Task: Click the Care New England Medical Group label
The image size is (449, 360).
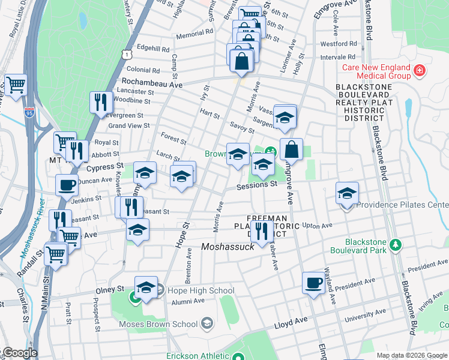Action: click(376, 71)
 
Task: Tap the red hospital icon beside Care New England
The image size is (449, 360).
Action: click(419, 73)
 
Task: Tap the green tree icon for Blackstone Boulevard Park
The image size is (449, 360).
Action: click(395, 245)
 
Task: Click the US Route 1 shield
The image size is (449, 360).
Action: click(125, 55)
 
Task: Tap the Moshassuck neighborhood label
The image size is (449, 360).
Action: click(228, 247)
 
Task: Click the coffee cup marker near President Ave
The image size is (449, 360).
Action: click(313, 282)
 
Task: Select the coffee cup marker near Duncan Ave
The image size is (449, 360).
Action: click(67, 184)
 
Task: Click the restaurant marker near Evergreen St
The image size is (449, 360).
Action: click(100, 101)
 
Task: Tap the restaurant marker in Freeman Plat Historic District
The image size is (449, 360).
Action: click(261, 230)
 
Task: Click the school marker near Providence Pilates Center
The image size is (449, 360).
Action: click(346, 193)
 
